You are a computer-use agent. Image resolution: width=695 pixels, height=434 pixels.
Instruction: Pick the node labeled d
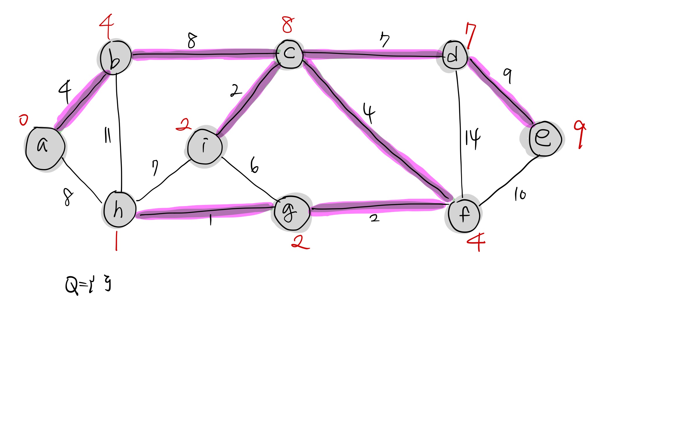tap(455, 55)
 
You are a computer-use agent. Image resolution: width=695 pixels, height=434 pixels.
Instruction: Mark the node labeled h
tap(119, 210)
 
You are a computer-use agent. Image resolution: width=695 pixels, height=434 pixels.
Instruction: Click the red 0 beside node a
tap(23, 120)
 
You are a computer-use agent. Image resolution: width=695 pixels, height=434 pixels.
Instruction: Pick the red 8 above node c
tap(288, 25)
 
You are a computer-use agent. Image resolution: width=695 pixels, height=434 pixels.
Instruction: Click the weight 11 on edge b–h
tap(107, 135)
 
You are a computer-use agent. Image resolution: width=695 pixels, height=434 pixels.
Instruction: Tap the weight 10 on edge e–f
tap(520, 194)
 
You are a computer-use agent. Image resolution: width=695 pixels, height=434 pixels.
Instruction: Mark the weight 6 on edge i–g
tap(254, 165)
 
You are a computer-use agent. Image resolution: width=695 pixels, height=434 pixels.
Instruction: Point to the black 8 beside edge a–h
tap(68, 197)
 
